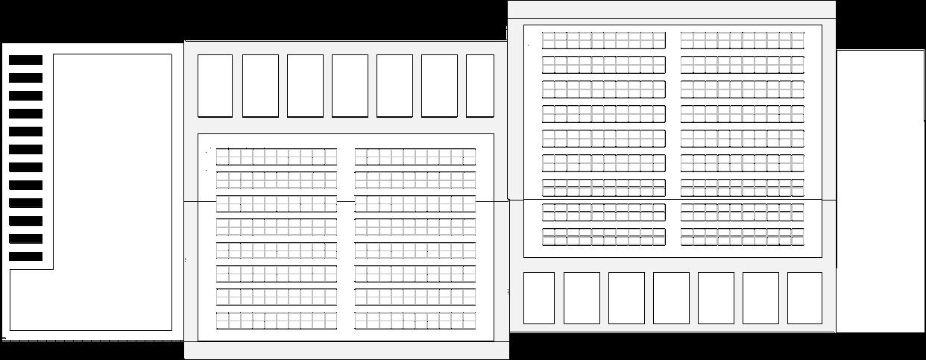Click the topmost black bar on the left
coord(25,60)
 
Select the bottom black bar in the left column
coord(25,256)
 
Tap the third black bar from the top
coord(25,95)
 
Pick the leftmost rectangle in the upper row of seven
coord(215,86)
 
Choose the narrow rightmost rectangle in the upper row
coord(480,86)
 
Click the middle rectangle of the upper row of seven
coord(350,86)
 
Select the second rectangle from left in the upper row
coord(260,86)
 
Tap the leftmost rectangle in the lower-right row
coord(539,298)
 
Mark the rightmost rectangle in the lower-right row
coord(804,298)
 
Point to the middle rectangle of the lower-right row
coord(671,298)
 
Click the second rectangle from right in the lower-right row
coord(760,298)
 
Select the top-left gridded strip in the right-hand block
coord(603,40)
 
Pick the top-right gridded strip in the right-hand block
coord(743,40)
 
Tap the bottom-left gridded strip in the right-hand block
coord(603,237)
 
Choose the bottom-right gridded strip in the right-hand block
coord(743,237)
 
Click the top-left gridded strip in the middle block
coord(277,157)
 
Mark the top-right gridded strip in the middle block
coord(415,157)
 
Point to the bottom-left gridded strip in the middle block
coord(277,321)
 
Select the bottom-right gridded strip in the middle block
coord(415,321)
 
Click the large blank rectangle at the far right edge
coord(880,191)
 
